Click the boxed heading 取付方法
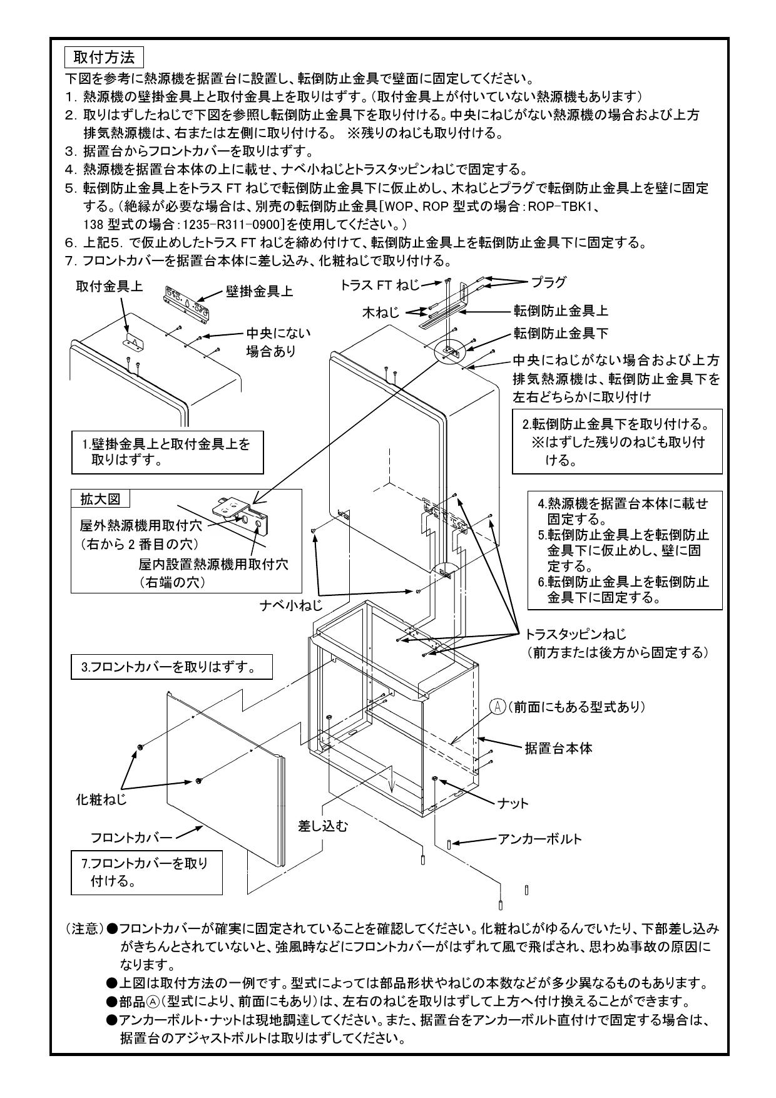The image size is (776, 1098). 104,58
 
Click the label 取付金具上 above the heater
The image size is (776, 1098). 109,287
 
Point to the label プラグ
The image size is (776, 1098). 548,282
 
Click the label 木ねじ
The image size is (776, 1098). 381,312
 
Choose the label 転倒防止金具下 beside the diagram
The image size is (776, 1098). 561,333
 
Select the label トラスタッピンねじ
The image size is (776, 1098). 576,634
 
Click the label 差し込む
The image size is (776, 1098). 323,826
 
